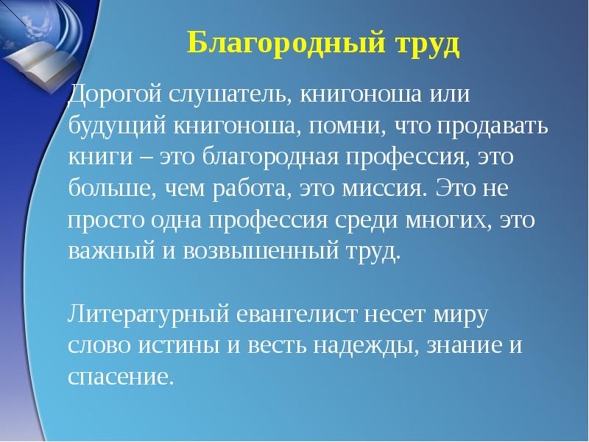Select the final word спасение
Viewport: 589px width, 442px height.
121,377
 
